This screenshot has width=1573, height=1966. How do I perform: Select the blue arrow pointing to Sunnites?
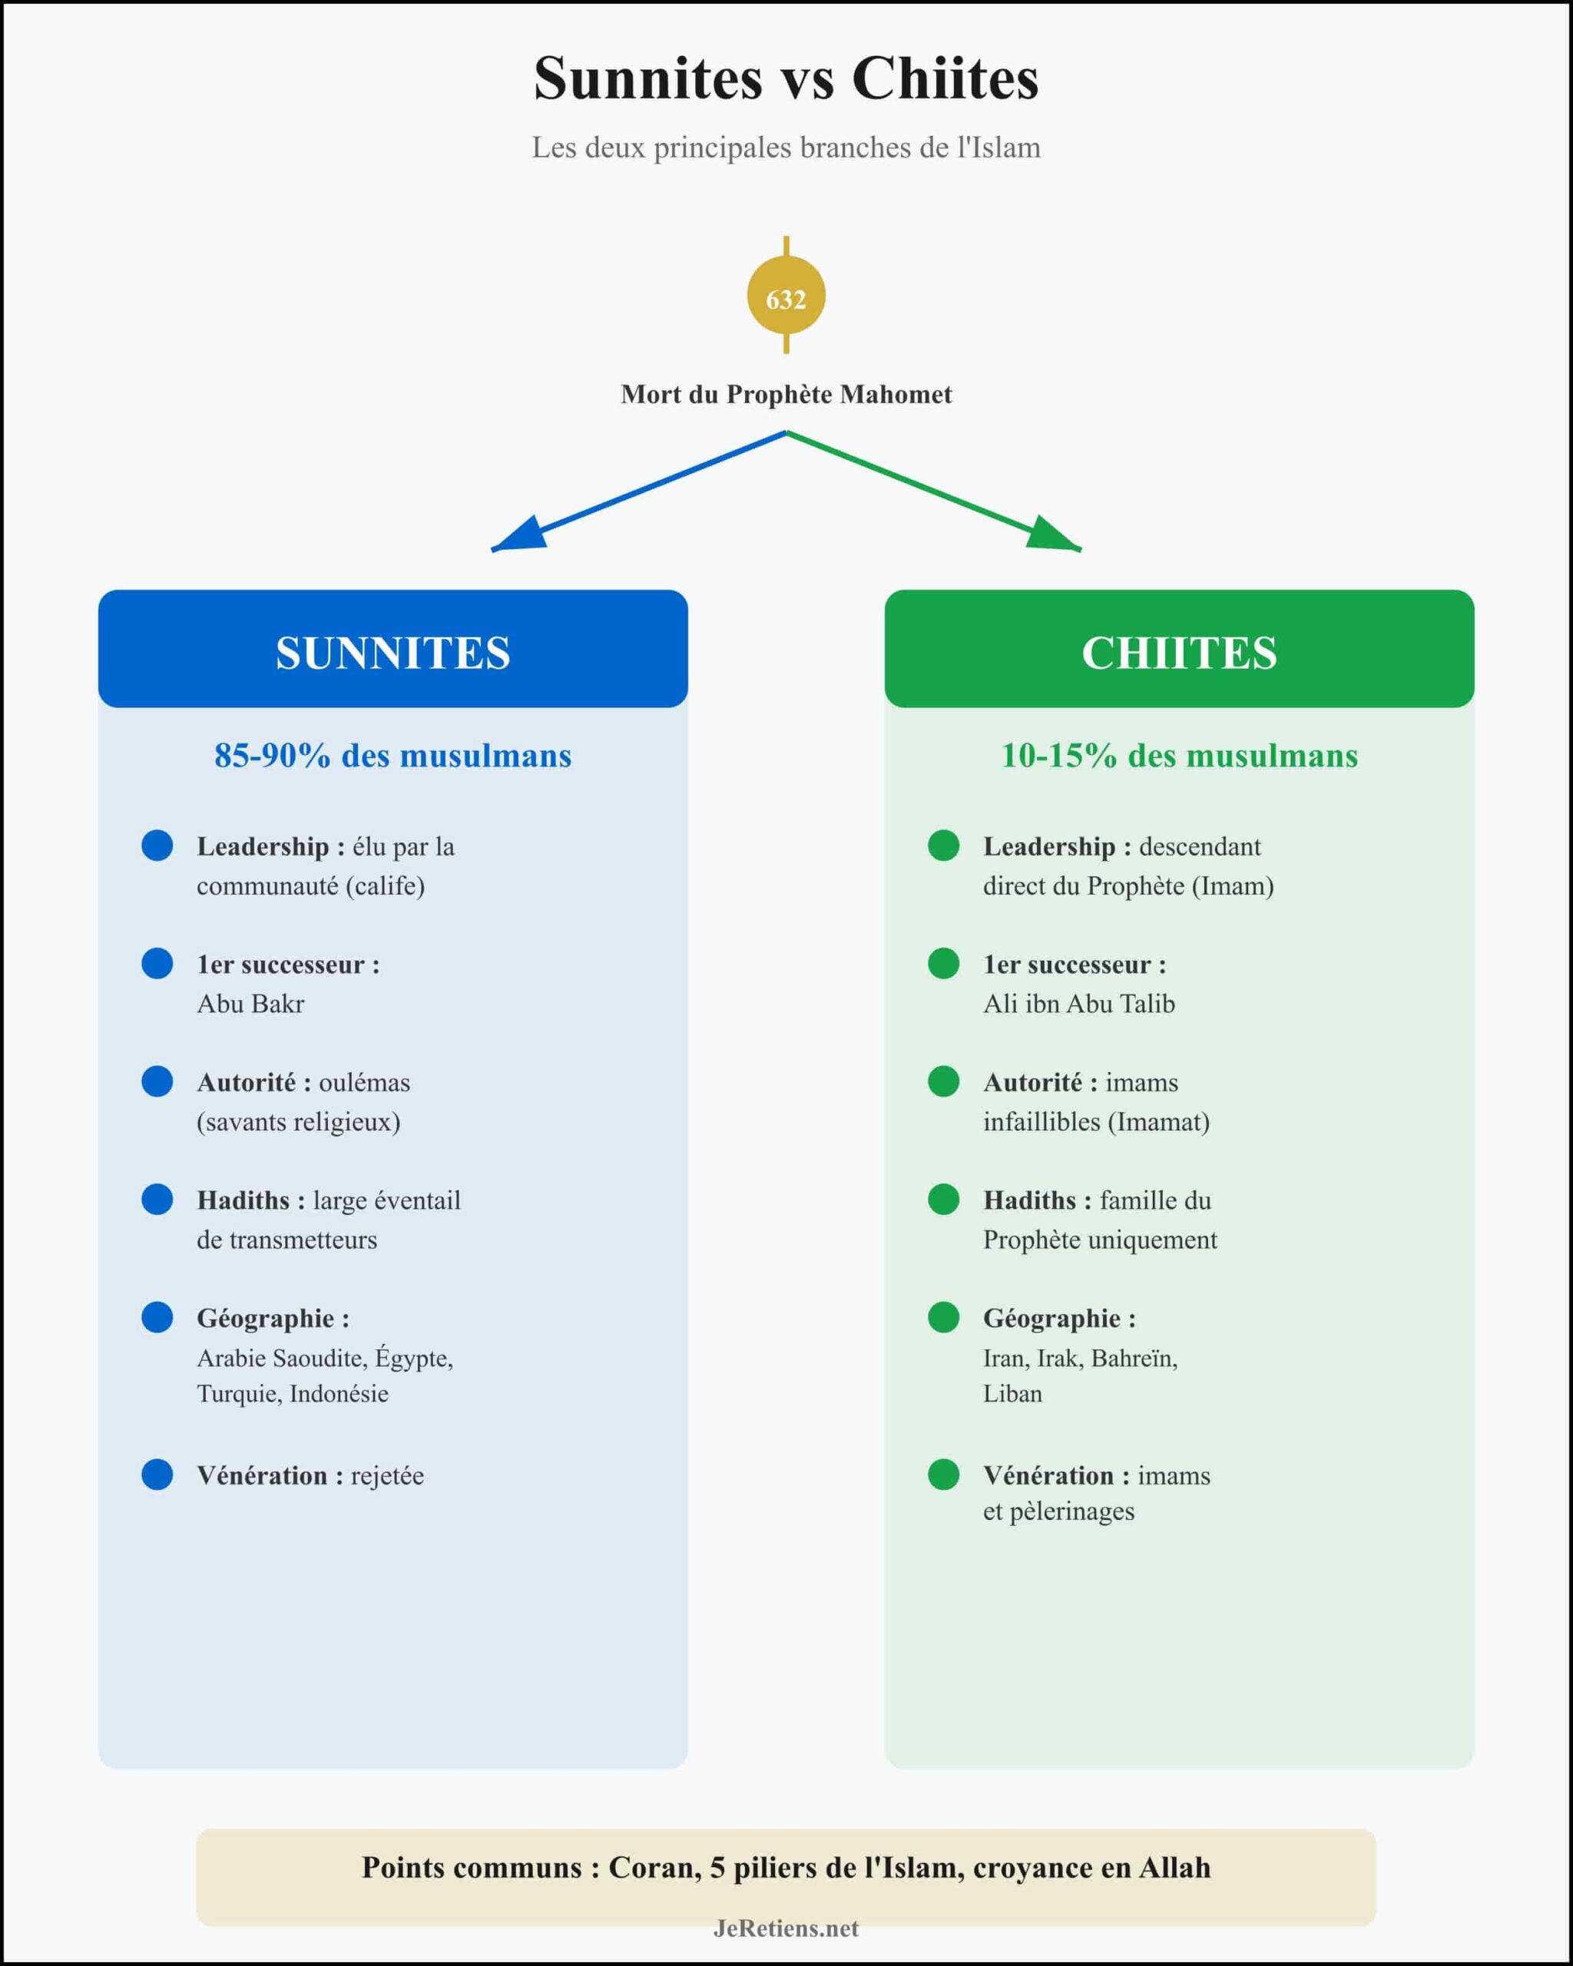point(638,491)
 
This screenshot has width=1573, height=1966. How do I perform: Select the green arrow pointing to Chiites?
point(934,491)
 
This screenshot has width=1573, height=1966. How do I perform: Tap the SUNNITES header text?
point(393,653)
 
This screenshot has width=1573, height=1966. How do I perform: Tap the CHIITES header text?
point(1179,653)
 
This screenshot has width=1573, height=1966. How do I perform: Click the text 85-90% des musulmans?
point(393,756)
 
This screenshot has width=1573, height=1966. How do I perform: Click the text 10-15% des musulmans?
point(1179,756)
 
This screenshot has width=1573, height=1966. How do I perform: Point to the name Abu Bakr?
point(250,1004)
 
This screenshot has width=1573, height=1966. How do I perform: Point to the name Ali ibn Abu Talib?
point(1079,1004)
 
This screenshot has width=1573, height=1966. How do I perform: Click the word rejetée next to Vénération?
point(388,1475)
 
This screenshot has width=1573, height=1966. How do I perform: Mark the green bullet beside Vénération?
point(943,1474)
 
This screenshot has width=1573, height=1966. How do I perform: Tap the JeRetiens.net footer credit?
point(786,1928)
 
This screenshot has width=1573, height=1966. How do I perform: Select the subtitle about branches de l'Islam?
point(786,147)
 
